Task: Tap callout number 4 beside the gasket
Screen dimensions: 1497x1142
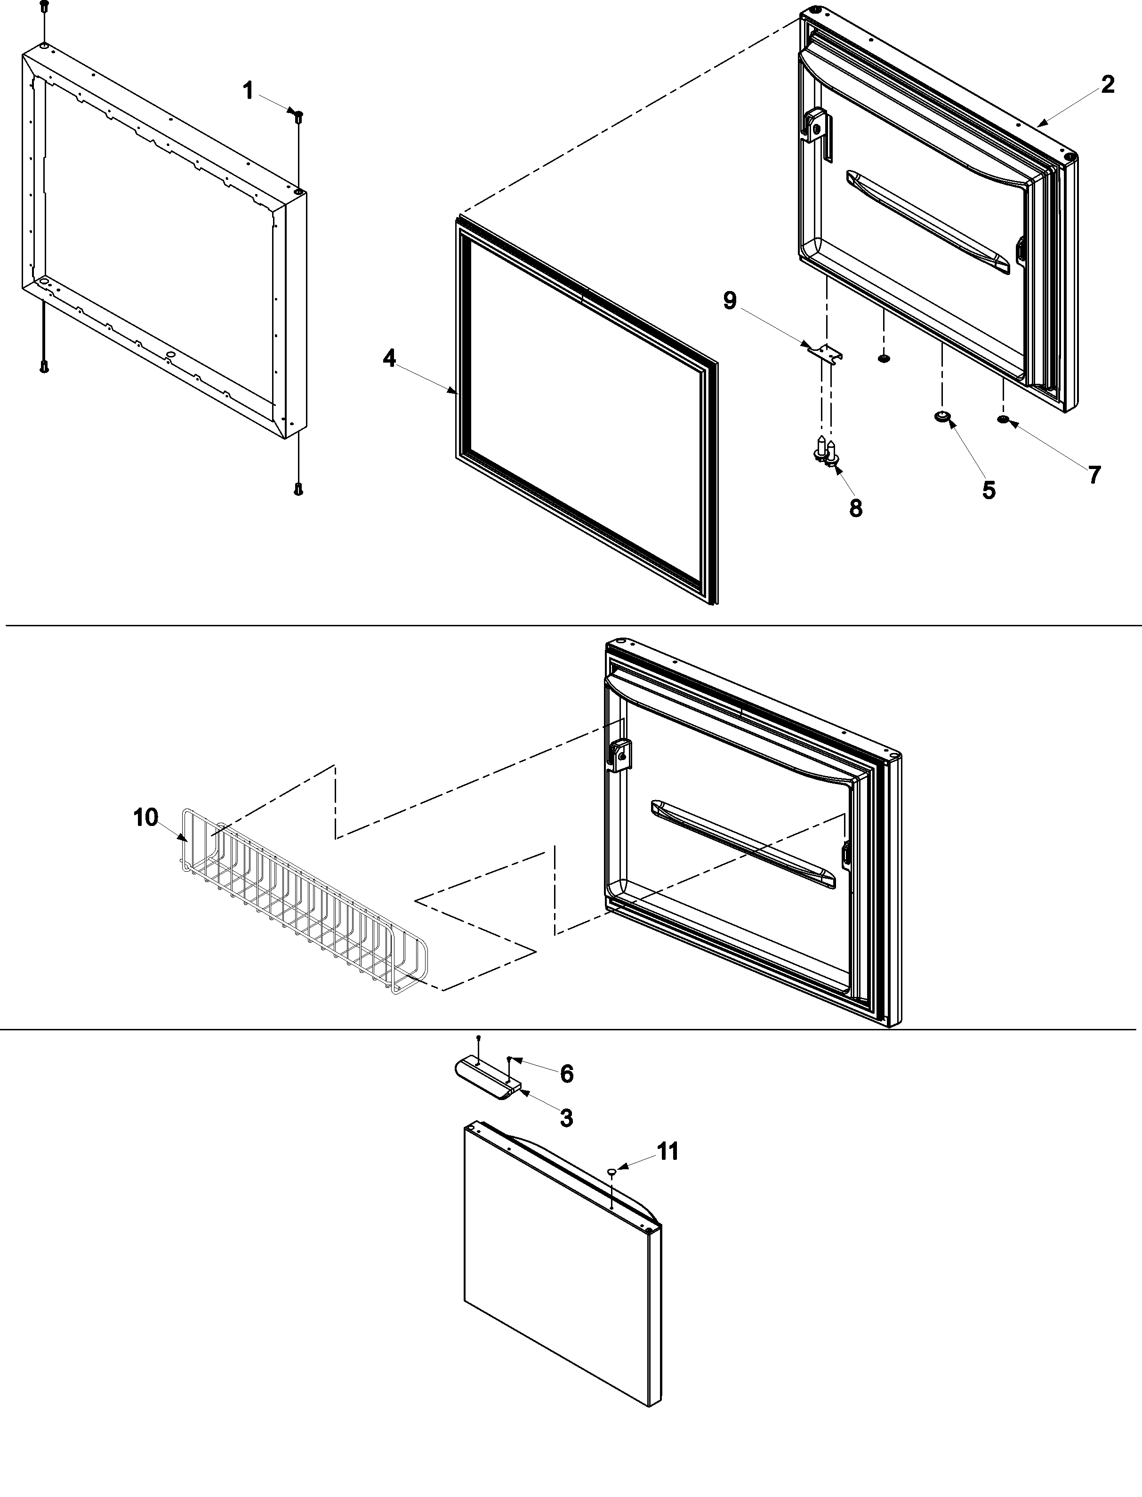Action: (x=389, y=358)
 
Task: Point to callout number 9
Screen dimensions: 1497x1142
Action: (x=729, y=300)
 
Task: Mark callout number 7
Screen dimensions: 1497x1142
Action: (x=1094, y=475)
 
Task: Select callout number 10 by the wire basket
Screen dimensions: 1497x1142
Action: (x=145, y=818)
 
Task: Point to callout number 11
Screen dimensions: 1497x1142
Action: (x=668, y=1152)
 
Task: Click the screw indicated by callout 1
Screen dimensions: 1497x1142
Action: (x=298, y=115)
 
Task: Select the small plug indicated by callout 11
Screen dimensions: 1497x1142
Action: (x=612, y=1171)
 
